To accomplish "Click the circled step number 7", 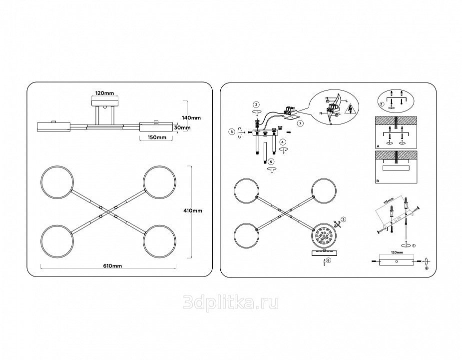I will pos(300,122).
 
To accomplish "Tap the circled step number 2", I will pos(256,104).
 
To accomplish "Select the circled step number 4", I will pos(283,141).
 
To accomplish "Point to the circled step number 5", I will pos(271,161).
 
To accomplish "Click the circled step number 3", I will pos(344,220).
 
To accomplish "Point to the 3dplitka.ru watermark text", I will pos(231,302).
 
